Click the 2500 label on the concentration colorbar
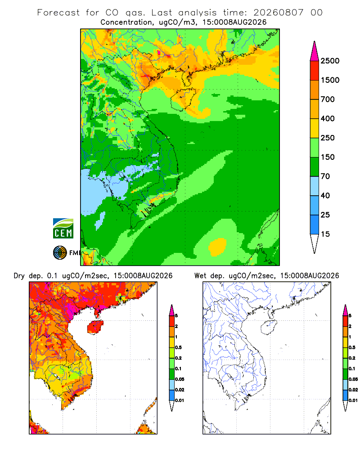click(330, 61)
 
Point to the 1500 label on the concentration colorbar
click(330, 80)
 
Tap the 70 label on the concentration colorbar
click(325, 176)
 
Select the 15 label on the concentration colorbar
click(325, 234)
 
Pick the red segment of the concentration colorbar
click(315, 71)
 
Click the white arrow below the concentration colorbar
click(315, 243)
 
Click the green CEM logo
click(63, 229)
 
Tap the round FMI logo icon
click(60, 253)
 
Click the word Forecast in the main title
click(58, 13)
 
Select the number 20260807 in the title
click(278, 13)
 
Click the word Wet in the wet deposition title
click(200, 276)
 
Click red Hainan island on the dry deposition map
click(95, 327)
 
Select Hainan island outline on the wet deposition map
click(269, 328)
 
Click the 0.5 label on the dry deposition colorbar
click(178, 347)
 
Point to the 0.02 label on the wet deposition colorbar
click(353, 390)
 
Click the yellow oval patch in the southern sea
click(217, 247)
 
